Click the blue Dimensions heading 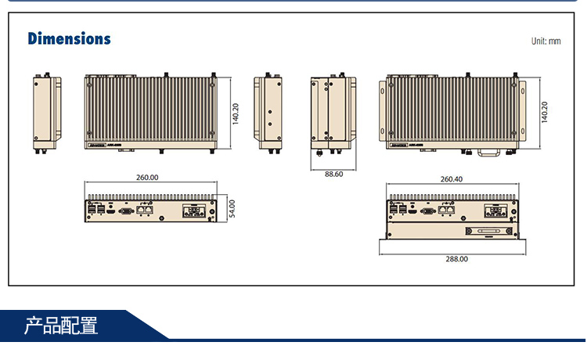tap(69, 38)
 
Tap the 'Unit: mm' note tap(546, 41)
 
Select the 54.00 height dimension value tap(232, 209)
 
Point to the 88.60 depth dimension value tap(334, 174)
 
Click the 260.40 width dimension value tap(451, 179)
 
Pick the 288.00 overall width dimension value tap(457, 259)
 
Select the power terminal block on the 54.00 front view tap(194, 211)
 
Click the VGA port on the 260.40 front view tap(427, 210)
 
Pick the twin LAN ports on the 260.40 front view tap(447, 210)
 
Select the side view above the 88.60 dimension tap(334, 110)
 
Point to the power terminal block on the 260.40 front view tap(495, 211)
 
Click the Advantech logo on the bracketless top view tap(97, 146)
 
